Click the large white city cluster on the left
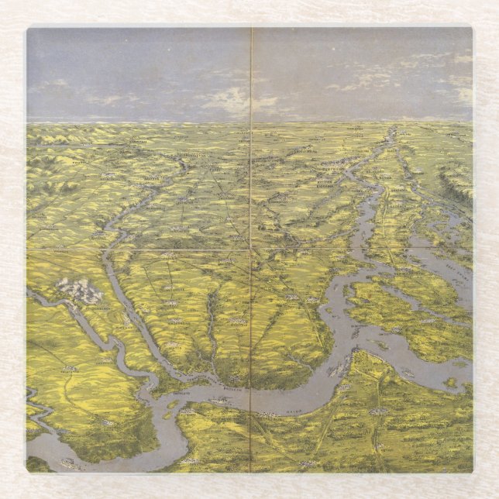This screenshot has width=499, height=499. click(79, 291)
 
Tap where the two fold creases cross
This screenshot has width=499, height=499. click(251, 250)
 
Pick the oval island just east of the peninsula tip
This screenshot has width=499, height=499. click(377, 345)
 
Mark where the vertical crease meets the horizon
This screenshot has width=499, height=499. click(251, 122)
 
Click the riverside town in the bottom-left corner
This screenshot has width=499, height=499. click(70, 463)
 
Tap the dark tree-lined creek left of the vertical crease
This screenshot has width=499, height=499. click(209, 325)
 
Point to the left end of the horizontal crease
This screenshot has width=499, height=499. click(28, 250)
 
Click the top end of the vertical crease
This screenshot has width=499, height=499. click(251, 29)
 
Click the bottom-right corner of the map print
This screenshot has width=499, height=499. click(472, 472)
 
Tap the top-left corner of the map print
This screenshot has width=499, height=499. click(27, 29)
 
